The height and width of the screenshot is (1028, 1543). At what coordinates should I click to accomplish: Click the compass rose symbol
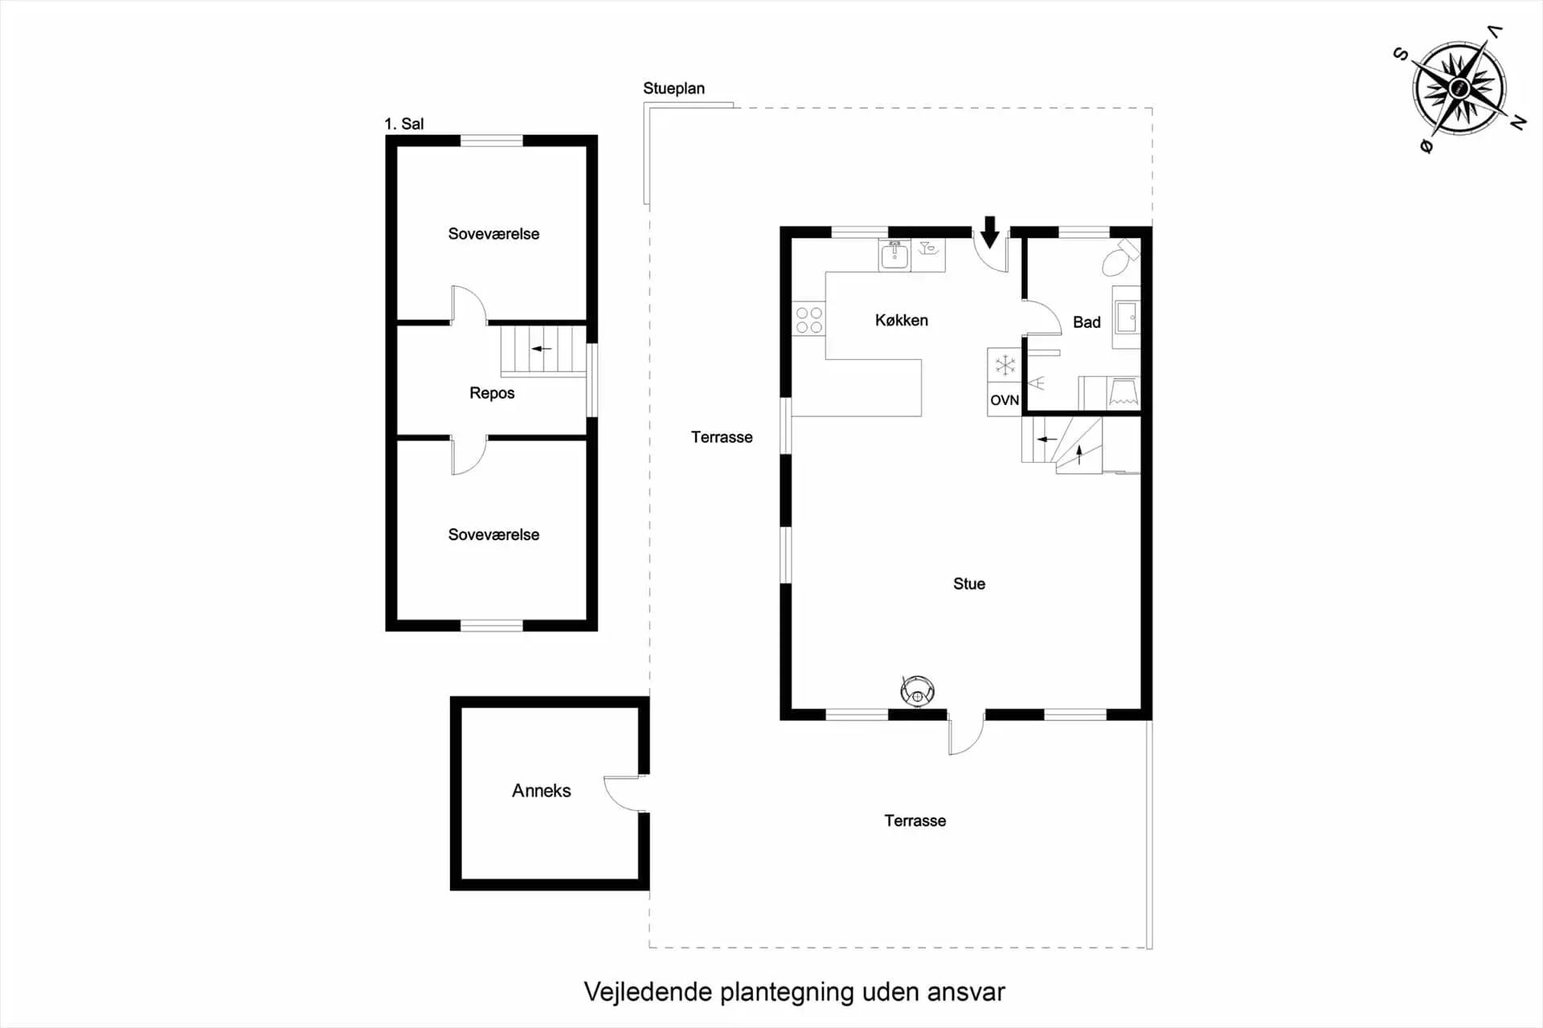[x=1459, y=88]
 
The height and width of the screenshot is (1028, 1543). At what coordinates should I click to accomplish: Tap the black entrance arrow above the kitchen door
[x=990, y=231]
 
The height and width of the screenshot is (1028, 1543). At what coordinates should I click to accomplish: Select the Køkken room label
[x=902, y=320]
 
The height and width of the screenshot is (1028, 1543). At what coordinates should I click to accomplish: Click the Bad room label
[x=1087, y=322]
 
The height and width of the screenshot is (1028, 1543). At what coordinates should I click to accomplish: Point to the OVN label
[x=1005, y=400]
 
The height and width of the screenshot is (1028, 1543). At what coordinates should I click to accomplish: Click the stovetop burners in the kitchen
[x=809, y=320]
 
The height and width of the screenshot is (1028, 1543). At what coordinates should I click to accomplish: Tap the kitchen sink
[x=894, y=255]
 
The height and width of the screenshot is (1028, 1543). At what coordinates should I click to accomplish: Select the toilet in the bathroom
[x=1120, y=257]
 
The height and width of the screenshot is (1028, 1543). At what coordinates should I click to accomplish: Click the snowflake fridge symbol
[x=1005, y=366]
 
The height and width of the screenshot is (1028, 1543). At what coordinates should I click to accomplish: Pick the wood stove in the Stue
[x=917, y=690]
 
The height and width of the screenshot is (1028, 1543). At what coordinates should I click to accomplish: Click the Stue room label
[x=969, y=584]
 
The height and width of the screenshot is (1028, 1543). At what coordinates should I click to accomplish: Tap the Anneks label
[x=542, y=791]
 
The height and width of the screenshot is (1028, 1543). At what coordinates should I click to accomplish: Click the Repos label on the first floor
[x=492, y=393]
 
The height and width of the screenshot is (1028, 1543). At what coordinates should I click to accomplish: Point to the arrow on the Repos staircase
[x=542, y=349]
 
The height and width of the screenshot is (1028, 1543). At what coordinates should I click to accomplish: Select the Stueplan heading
[x=673, y=88]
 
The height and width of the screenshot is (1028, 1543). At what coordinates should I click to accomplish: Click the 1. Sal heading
[x=403, y=124]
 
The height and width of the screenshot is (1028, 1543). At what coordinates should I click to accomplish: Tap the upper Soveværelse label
[x=493, y=234]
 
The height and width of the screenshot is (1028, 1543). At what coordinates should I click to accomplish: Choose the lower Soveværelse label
[x=493, y=534]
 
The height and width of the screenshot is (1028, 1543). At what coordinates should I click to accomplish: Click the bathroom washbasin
[x=1126, y=317]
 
